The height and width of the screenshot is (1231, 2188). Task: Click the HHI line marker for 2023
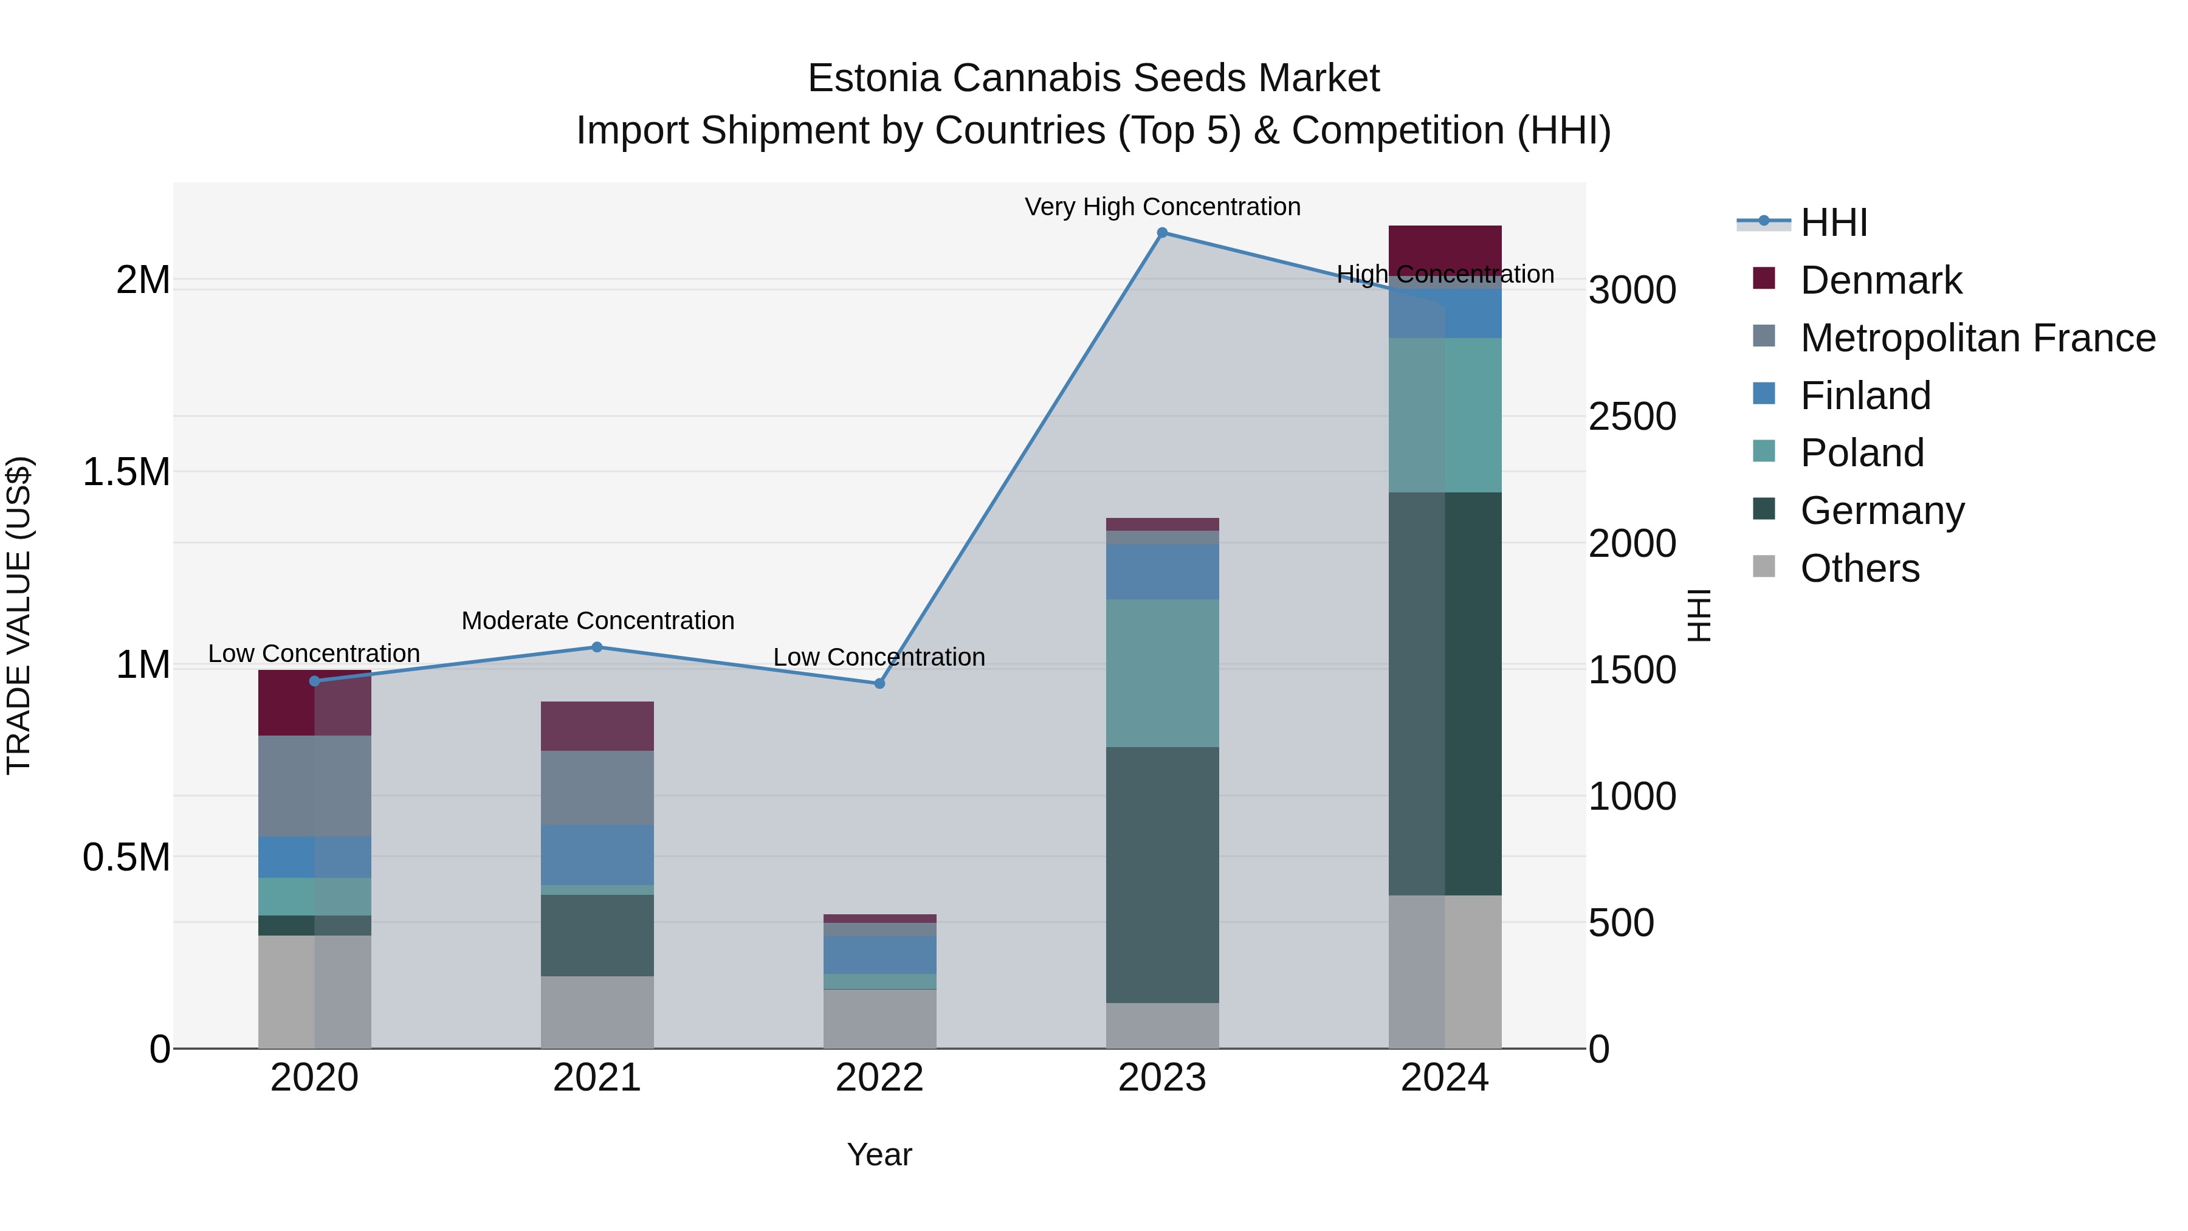(x=1162, y=233)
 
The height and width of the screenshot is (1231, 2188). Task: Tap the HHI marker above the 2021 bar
(x=597, y=647)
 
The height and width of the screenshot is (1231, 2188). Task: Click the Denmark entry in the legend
(x=1880, y=280)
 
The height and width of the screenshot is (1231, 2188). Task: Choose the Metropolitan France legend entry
(x=1977, y=338)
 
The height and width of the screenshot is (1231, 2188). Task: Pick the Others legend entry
(x=1859, y=568)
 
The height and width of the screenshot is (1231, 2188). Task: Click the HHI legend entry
(x=1833, y=222)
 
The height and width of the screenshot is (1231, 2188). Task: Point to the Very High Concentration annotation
(x=1162, y=207)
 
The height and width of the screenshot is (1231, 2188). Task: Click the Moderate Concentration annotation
(x=597, y=621)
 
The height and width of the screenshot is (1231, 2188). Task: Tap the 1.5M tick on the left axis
(x=126, y=472)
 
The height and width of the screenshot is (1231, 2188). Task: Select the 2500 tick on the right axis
(x=1632, y=417)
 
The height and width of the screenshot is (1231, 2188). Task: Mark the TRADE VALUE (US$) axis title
(x=19, y=615)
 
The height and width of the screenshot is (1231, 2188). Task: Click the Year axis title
(x=879, y=1154)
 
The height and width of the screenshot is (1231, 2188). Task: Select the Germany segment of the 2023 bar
(x=1162, y=875)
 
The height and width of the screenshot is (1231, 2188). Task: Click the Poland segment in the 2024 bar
(x=1445, y=415)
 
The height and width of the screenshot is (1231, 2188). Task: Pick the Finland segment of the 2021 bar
(x=597, y=855)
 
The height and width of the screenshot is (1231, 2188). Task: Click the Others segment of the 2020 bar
(x=314, y=991)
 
